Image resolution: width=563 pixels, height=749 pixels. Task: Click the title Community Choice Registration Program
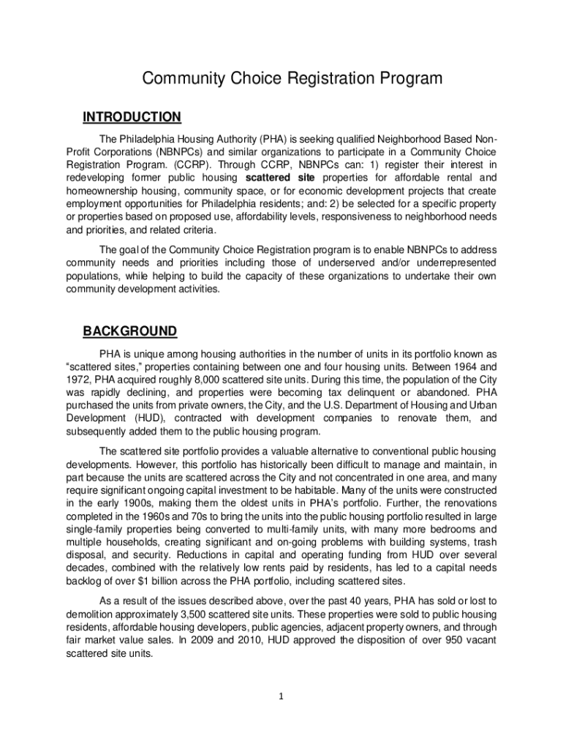pos(281,78)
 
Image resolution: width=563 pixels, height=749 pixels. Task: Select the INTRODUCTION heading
pos(132,117)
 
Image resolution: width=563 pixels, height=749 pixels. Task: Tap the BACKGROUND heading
pos(129,331)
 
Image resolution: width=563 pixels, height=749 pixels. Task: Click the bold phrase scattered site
pos(280,178)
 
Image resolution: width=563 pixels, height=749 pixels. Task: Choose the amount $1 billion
pos(138,581)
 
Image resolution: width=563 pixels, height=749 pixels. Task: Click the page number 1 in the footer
pos(281,696)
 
